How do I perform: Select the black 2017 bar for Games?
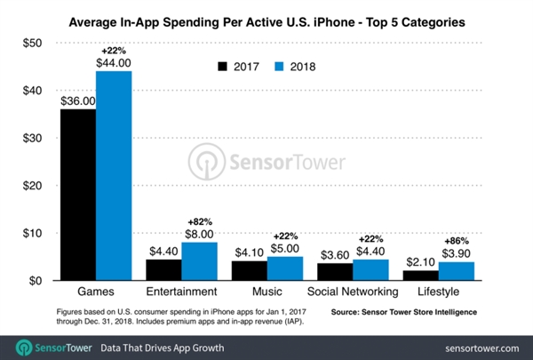(x=78, y=195)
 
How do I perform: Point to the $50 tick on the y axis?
(x=31, y=43)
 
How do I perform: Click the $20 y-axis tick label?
(x=31, y=186)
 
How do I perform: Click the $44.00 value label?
(x=113, y=62)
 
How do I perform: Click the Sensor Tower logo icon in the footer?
(x=24, y=343)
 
